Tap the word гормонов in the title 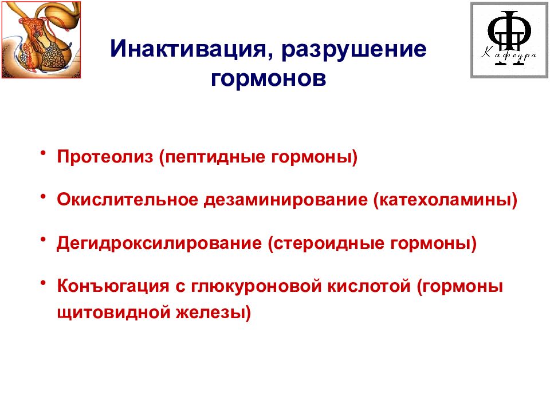(x=269, y=79)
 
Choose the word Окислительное (x=128, y=200)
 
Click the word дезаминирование (x=286, y=200)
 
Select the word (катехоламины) (x=446, y=200)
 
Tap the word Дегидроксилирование (x=159, y=243)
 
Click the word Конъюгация (x=112, y=286)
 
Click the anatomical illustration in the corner (x=41, y=39)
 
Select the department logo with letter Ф (x=506, y=39)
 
